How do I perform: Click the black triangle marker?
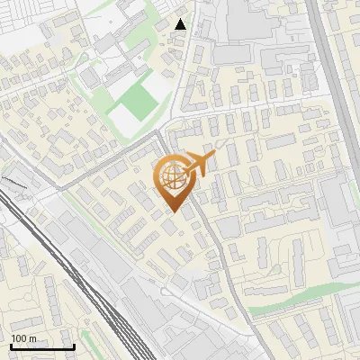[181, 24]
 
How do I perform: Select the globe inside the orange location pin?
[172, 175]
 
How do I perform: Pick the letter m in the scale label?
[32, 338]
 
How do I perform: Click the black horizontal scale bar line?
[41, 346]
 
